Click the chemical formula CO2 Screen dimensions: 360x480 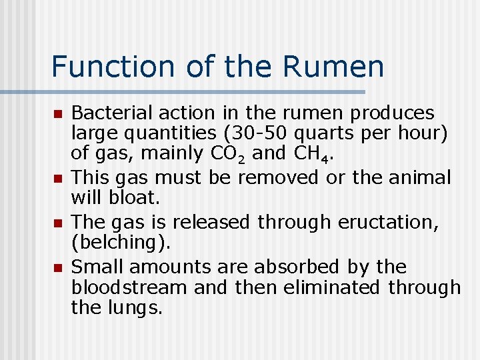coord(230,153)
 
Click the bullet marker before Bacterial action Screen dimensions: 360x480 coord(58,114)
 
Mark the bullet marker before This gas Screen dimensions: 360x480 coord(58,179)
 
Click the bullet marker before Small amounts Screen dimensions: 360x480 coord(58,268)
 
